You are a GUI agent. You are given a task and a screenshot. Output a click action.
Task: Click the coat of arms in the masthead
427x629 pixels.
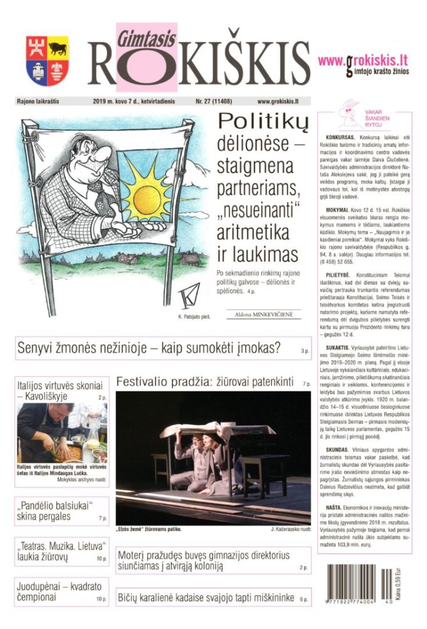click(x=47, y=60)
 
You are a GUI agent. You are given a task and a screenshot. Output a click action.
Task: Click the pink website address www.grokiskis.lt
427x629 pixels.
click(x=363, y=61)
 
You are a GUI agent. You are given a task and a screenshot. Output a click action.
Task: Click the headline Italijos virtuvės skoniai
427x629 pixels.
click(x=56, y=391)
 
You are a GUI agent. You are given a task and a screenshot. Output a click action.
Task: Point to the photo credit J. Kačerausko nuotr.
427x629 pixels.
click(x=290, y=531)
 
